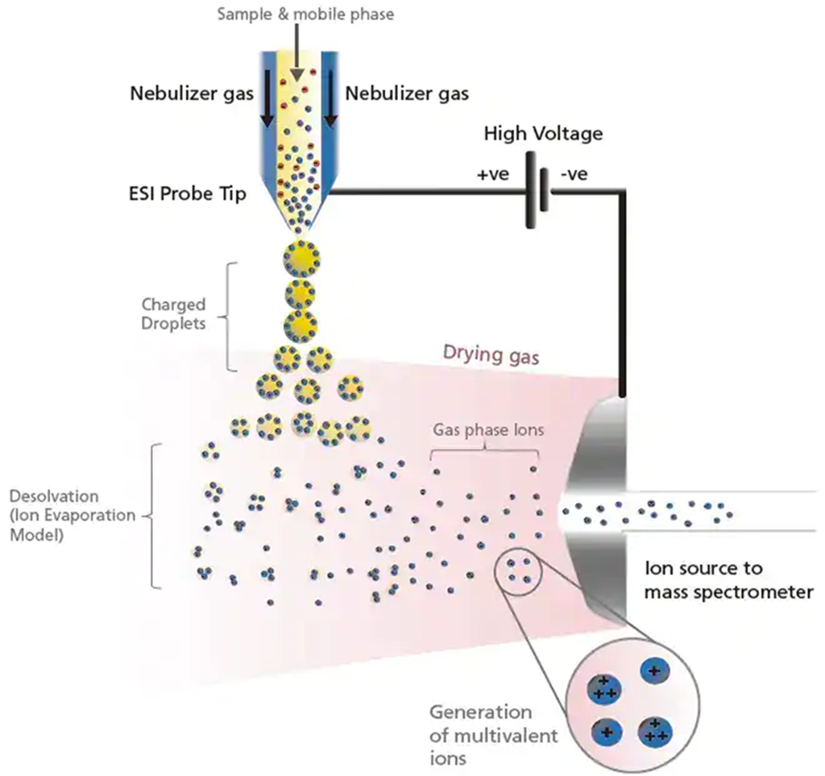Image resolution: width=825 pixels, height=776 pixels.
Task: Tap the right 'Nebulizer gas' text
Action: coord(407,93)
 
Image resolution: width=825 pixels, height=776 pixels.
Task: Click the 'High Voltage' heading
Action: coord(542,134)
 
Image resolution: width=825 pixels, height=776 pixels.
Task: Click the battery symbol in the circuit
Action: coord(533,192)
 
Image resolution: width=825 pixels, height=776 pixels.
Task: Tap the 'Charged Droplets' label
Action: coord(173,314)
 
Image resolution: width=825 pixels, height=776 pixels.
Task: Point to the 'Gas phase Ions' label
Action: coord(488,430)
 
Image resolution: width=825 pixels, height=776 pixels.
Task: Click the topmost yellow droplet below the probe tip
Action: coord(302,258)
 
